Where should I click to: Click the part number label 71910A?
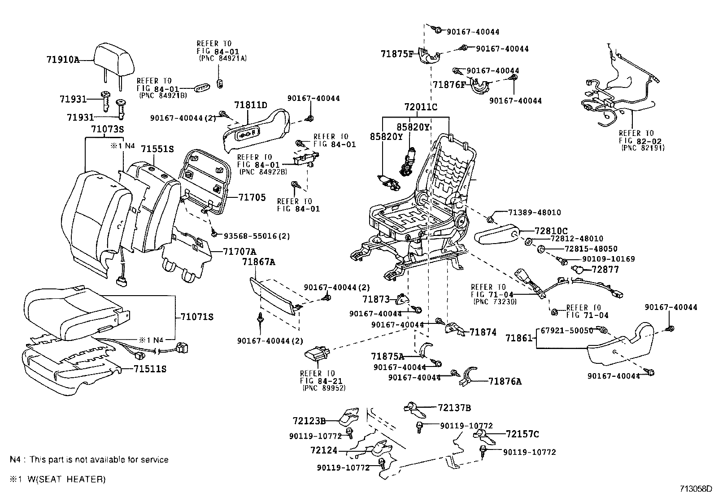point(62,59)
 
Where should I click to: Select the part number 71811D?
point(250,105)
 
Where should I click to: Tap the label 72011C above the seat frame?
point(420,107)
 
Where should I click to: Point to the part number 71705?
point(252,197)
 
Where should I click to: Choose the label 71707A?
point(239,251)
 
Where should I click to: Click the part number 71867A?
point(258,262)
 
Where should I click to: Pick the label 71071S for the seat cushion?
point(197,317)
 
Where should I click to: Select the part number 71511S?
point(150,369)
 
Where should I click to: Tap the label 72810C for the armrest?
point(551,231)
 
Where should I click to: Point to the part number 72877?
point(605,269)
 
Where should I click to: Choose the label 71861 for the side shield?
point(520,338)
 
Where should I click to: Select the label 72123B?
point(309,421)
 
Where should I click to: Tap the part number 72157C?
point(522,434)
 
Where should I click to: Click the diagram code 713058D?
point(695,488)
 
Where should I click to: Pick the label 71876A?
point(505,381)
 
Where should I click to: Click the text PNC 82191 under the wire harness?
point(643,148)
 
